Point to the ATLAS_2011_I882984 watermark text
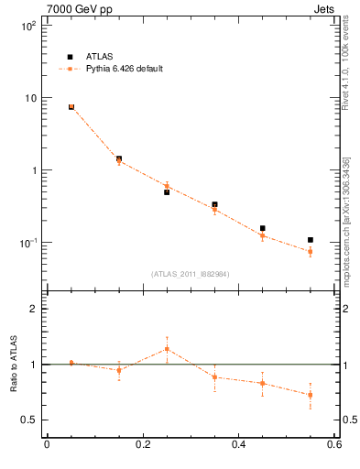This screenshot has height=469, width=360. click(x=191, y=274)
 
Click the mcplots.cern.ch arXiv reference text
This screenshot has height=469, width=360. click(x=345, y=220)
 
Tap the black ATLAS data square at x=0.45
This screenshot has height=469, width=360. click(x=263, y=228)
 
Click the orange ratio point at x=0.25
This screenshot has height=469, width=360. click(x=167, y=349)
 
